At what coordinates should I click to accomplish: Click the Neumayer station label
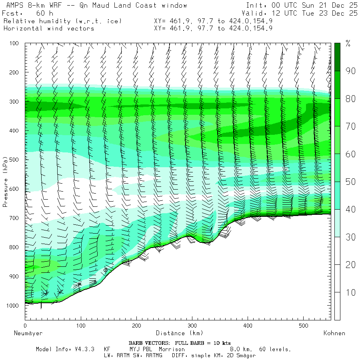[x=28, y=333]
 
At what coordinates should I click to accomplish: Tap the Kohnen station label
[x=334, y=333]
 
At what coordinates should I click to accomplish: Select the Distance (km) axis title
[x=179, y=333]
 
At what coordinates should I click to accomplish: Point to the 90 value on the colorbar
[x=351, y=71]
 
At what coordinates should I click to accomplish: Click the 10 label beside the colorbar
[x=351, y=292]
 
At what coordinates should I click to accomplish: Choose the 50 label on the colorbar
[x=351, y=182]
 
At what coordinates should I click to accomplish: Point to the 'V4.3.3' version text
[x=85, y=349]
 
